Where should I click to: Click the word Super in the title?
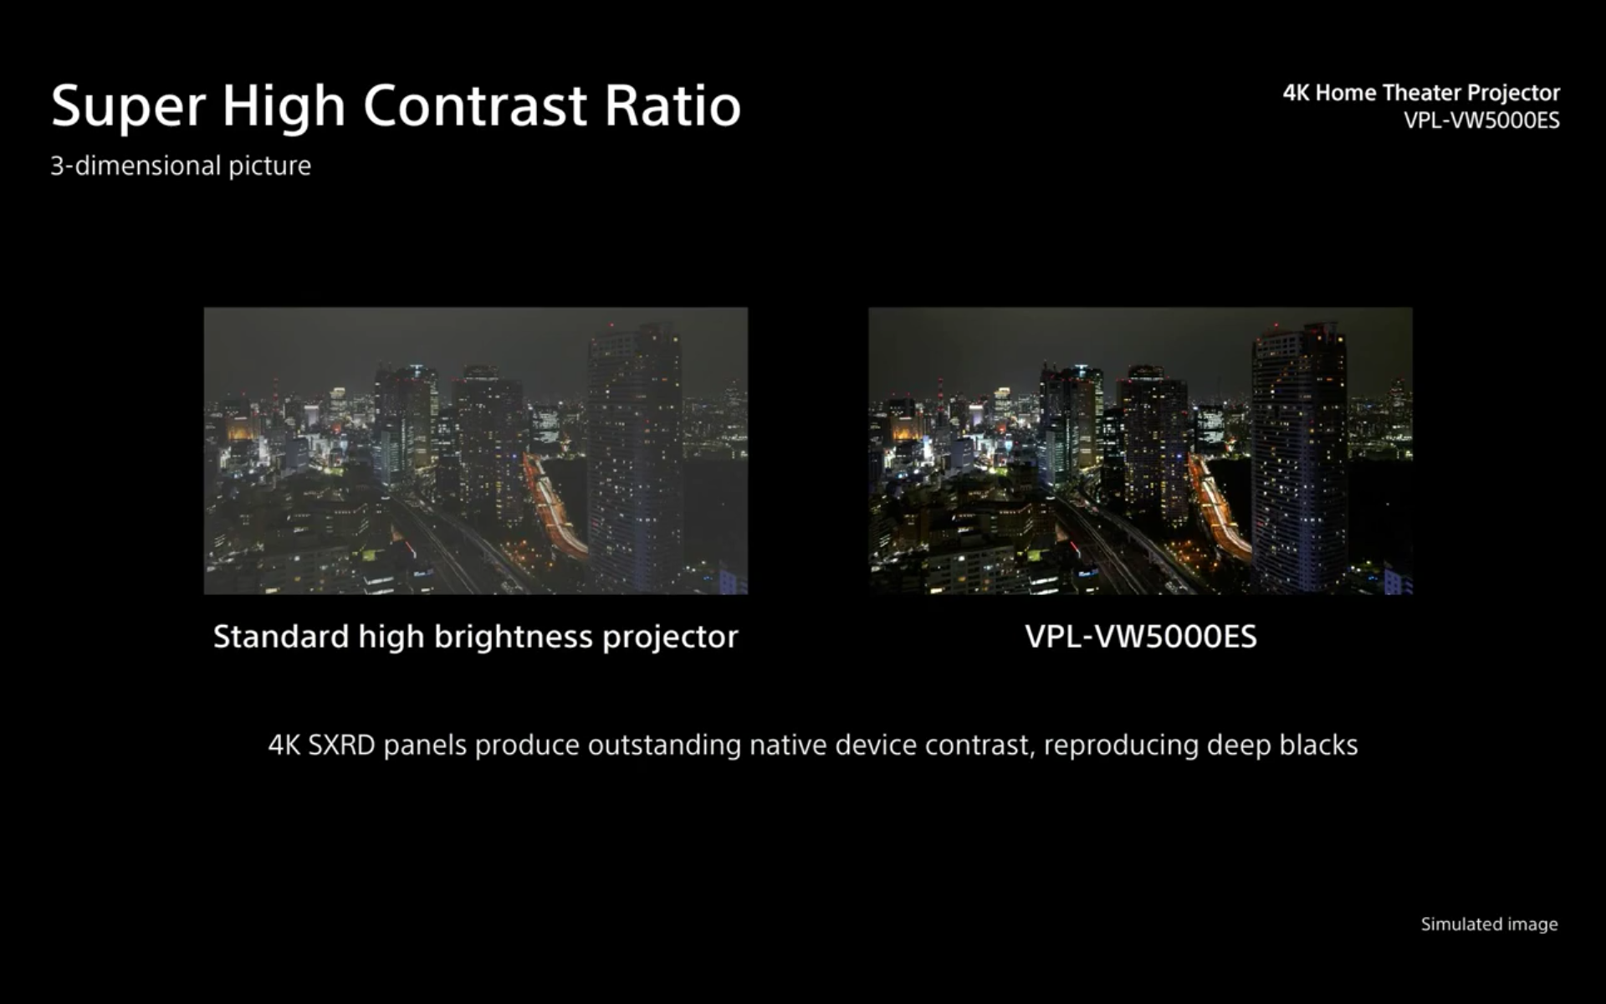click(128, 106)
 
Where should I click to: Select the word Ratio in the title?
click(673, 105)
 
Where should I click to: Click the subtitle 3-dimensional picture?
click(181, 166)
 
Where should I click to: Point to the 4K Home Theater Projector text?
click(1421, 92)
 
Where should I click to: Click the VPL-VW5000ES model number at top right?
click(1481, 120)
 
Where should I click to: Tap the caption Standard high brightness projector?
click(475, 638)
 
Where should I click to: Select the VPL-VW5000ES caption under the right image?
click(1141, 637)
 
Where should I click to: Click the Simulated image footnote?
click(1489, 925)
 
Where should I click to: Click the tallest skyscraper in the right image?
click(1299, 456)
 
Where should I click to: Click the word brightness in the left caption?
click(514, 638)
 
